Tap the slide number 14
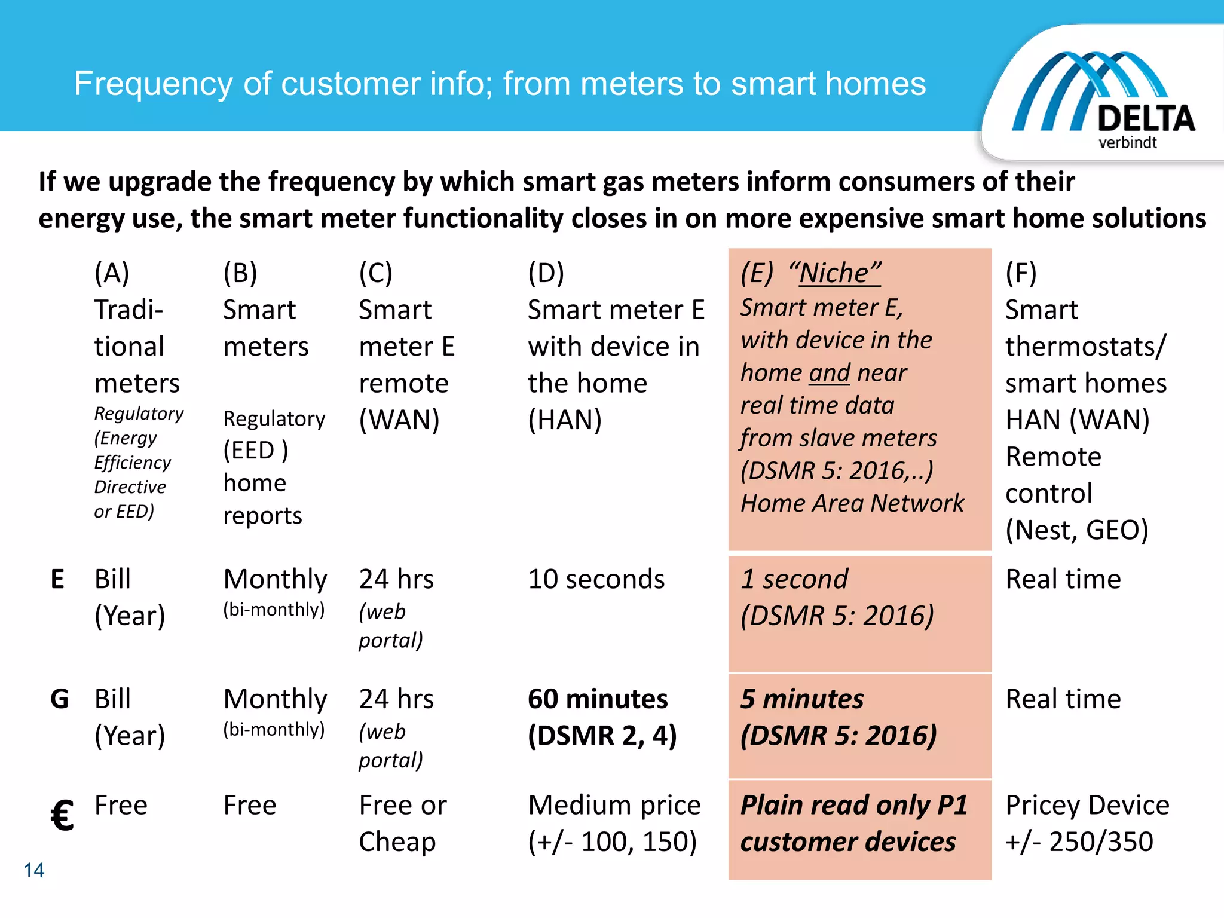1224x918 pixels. [34, 870]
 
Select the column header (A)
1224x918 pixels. [112, 273]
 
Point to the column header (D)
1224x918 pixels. [546, 273]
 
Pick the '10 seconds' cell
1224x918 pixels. [596, 579]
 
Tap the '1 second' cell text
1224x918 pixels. [794, 579]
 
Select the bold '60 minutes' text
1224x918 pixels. [598, 699]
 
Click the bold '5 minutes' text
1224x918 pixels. [802, 699]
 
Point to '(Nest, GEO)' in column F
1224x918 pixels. [1076, 530]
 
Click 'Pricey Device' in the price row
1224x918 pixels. [1087, 805]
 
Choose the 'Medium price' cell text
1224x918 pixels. [614, 805]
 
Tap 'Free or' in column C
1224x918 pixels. [402, 805]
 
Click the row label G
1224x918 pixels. [59, 699]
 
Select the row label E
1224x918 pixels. [57, 579]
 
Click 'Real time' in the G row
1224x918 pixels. [1063, 699]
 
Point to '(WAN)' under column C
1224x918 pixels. [399, 420]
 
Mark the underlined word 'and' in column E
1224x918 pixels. [830, 373]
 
